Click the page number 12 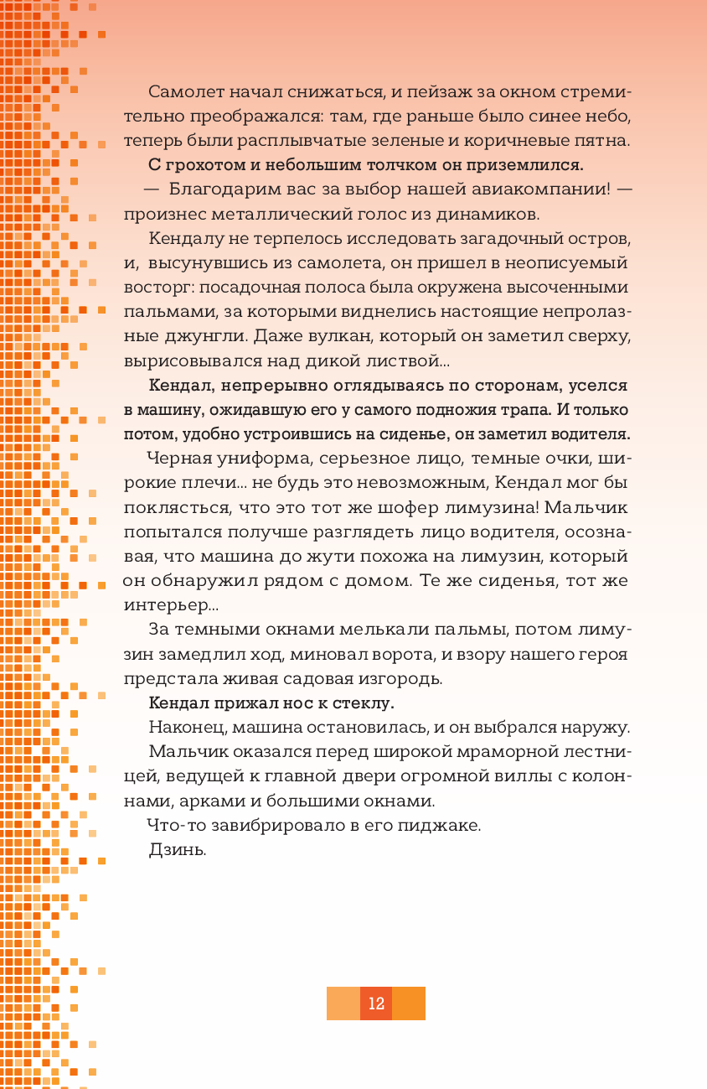click(x=376, y=1003)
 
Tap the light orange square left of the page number click(x=343, y=1003)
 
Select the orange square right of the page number click(x=409, y=1003)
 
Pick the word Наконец click(x=180, y=726)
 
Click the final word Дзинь click(x=176, y=849)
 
